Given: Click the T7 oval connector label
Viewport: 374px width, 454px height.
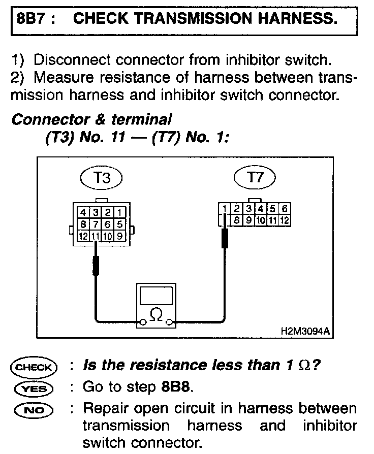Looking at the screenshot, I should tap(255, 178).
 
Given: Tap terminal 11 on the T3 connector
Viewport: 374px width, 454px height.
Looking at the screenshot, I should tap(95, 236).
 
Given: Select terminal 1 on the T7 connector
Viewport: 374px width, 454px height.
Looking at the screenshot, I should tap(224, 209).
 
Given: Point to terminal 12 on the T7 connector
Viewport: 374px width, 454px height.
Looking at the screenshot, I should tap(285, 220).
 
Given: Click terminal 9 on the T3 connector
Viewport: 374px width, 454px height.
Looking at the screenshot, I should tap(119, 236).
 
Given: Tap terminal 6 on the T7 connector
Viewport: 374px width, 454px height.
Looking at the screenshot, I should tap(285, 209).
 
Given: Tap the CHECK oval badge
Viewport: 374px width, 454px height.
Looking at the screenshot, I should tap(34, 367).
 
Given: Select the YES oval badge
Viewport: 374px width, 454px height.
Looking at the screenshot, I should tap(34, 388).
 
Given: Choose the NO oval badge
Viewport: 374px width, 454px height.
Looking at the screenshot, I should tap(34, 408).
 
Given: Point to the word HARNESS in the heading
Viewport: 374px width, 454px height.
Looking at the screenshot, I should tap(294, 19).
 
